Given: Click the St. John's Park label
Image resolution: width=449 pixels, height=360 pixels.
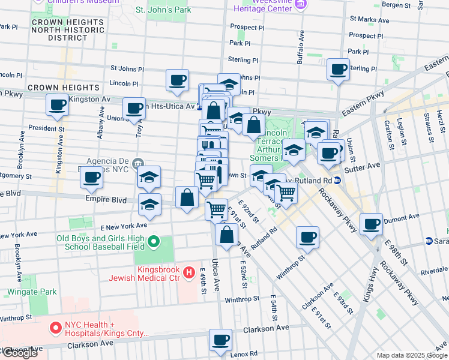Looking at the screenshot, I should [x=163, y=10].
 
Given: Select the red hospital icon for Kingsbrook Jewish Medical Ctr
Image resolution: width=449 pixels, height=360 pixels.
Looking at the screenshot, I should [x=189, y=273].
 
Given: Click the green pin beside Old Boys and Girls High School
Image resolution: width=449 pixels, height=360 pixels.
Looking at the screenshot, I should [x=154, y=242].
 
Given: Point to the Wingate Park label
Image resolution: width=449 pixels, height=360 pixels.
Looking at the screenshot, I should [x=32, y=292].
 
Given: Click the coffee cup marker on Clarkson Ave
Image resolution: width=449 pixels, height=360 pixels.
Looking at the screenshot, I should [x=220, y=340].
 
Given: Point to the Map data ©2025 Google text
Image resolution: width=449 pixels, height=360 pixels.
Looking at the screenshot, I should [x=411, y=355].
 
